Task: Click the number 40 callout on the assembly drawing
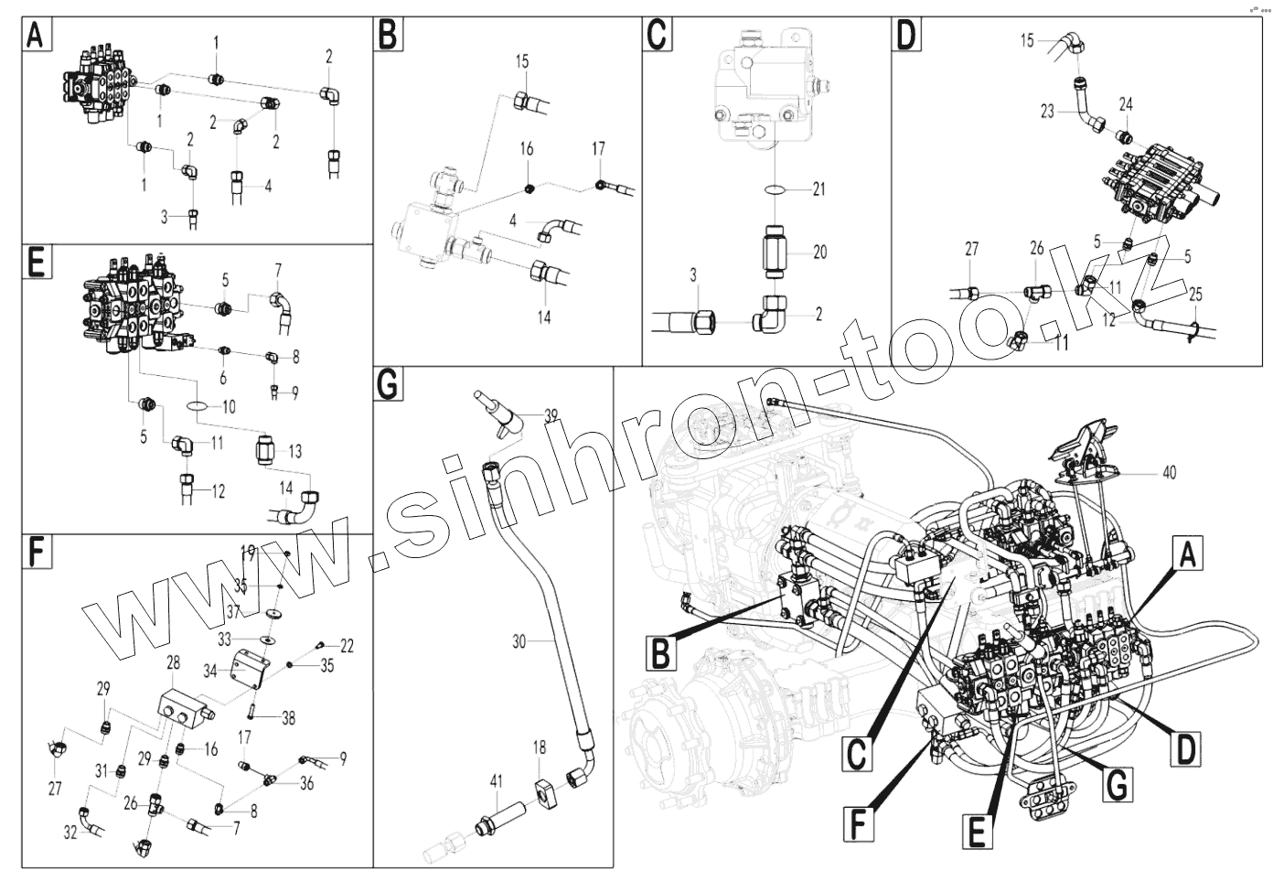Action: [x=1169, y=472]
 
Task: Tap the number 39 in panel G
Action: [x=551, y=415]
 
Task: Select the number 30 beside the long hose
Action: [x=519, y=642]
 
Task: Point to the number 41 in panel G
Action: [x=497, y=781]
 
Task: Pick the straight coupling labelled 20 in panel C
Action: [x=774, y=252]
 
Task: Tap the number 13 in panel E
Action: [x=295, y=451]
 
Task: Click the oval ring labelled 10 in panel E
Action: [x=197, y=406]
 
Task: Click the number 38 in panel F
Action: [x=289, y=718]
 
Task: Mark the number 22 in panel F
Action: [x=347, y=646]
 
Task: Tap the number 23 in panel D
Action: [x=1047, y=112]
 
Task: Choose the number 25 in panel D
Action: [x=1195, y=295]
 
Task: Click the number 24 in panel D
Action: [x=1126, y=104]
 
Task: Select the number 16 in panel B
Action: [x=527, y=149]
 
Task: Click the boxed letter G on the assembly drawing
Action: [x=1118, y=785]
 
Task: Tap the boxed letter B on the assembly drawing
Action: [x=660, y=653]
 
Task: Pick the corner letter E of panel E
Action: [x=37, y=262]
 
